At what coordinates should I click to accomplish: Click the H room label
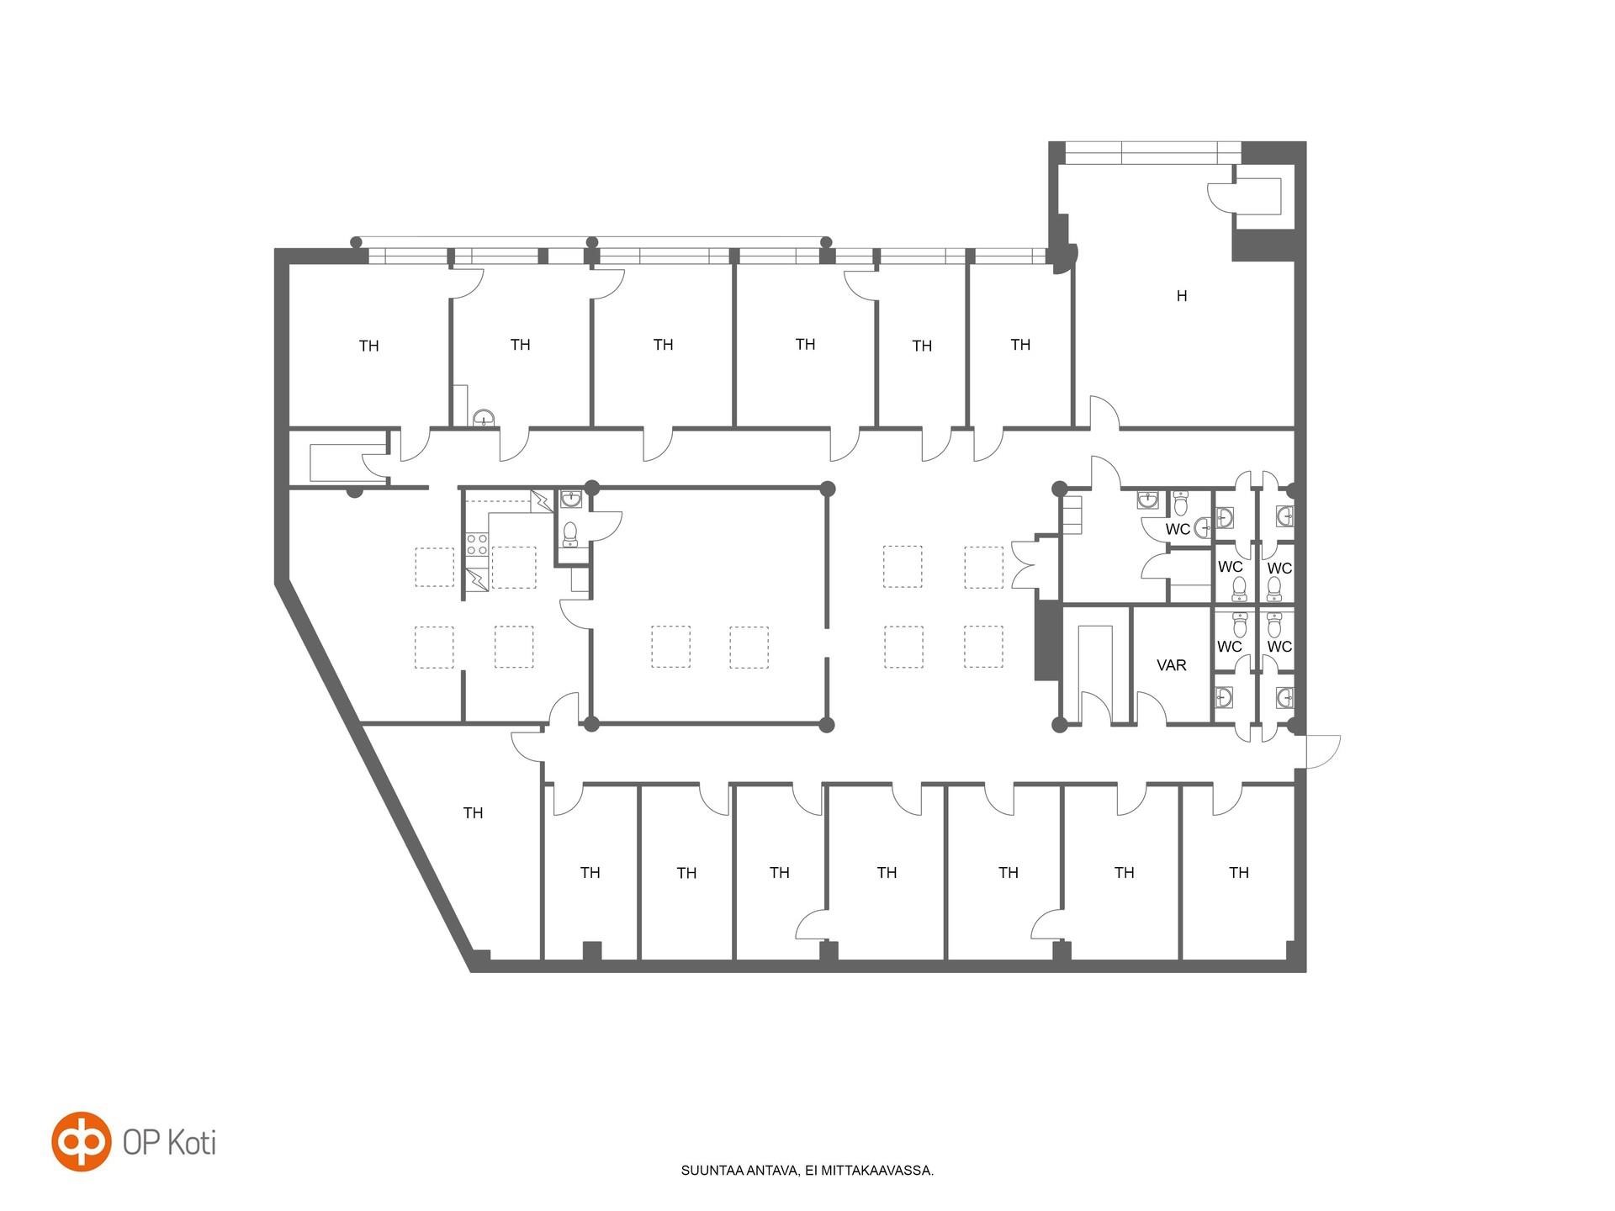tap(1182, 296)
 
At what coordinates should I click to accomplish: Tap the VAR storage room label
tap(1172, 665)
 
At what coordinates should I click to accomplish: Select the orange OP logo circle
tap(81, 1141)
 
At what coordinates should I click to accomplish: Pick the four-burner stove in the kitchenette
tap(477, 544)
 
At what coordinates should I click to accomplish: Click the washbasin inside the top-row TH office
tap(484, 417)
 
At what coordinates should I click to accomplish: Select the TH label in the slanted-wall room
tap(473, 813)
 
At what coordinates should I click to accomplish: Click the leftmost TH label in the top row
tap(368, 346)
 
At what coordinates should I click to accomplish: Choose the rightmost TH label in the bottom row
tap(1239, 873)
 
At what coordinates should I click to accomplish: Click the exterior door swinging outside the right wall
tap(1322, 751)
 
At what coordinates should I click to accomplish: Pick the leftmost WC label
tap(1178, 529)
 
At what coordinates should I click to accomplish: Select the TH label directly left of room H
tap(1020, 345)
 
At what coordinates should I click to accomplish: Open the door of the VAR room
tap(1151, 707)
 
